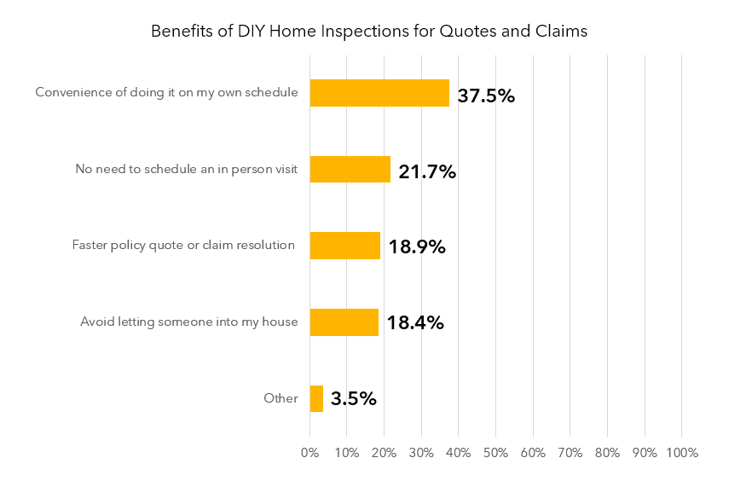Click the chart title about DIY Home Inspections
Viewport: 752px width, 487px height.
pos(369,32)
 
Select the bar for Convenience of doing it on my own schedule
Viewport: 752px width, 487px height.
pos(379,93)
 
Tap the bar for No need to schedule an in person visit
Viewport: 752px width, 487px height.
pos(350,169)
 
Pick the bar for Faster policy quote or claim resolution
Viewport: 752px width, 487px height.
pos(344,246)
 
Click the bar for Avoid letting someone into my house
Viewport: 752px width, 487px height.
pos(344,322)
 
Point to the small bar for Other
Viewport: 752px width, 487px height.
pos(316,398)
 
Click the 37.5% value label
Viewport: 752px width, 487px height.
pos(486,95)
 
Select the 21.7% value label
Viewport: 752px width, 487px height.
pos(427,171)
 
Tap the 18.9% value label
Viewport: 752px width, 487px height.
pos(417,247)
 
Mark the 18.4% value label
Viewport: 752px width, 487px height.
pos(415,323)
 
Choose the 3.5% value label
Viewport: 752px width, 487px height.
pos(353,399)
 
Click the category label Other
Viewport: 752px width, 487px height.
pos(281,398)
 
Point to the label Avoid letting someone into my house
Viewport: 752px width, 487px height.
pos(189,322)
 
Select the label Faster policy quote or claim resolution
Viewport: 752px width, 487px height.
pos(183,246)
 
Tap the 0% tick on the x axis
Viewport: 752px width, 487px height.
pos(309,452)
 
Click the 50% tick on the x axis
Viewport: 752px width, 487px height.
pos(495,452)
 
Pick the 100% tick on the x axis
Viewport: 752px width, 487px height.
pos(681,452)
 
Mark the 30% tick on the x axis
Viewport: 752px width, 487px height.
pos(421,452)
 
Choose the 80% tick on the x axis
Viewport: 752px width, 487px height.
pos(607,452)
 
